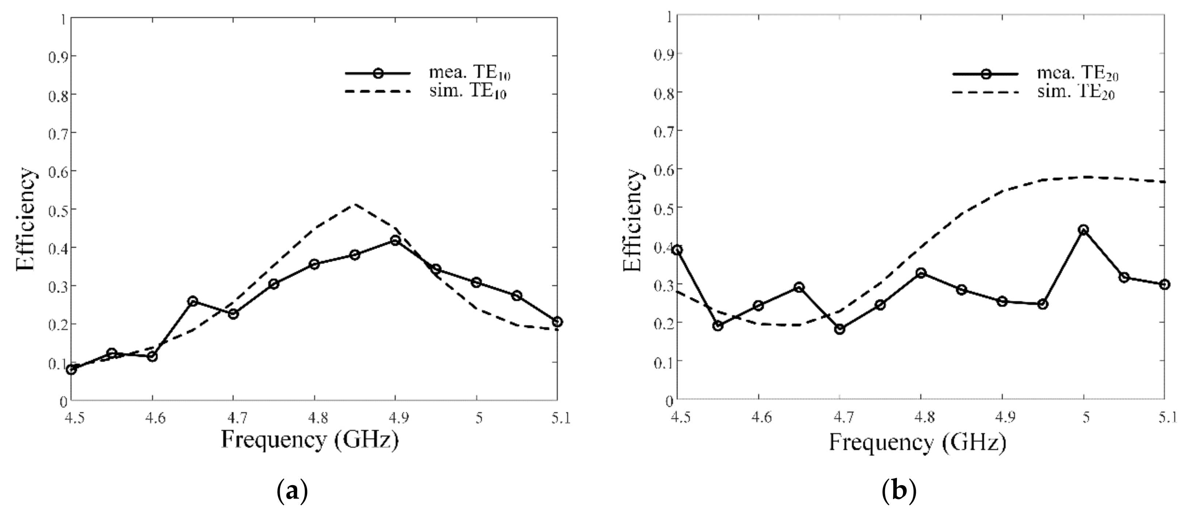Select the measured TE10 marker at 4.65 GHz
point(193,301)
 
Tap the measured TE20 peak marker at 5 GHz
point(1083,230)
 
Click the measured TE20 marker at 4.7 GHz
point(840,329)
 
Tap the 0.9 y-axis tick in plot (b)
point(662,54)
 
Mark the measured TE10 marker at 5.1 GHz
point(557,322)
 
